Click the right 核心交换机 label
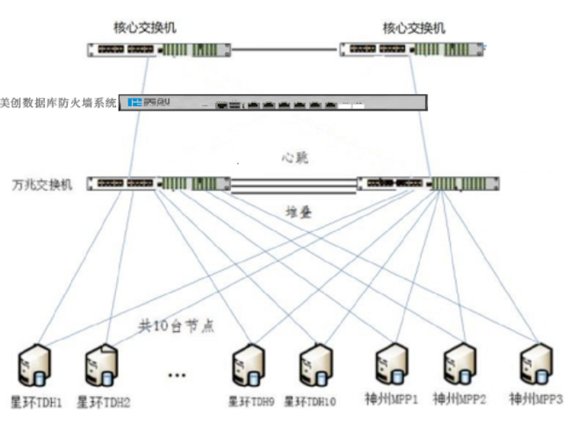[x=414, y=28]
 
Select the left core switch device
[x=159, y=50]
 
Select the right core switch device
[x=413, y=50]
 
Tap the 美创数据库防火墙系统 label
[x=58, y=103]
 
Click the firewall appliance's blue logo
[x=134, y=103]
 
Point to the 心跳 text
[x=294, y=158]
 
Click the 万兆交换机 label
[x=42, y=184]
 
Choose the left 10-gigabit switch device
[x=158, y=184]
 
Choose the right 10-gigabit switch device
[x=428, y=184]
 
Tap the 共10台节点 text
[x=176, y=325]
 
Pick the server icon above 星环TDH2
[x=102, y=367]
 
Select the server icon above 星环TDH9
[x=247, y=367]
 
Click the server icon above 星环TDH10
[x=314, y=367]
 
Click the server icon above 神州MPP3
[x=534, y=365]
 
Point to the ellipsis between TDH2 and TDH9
[x=176, y=375]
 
